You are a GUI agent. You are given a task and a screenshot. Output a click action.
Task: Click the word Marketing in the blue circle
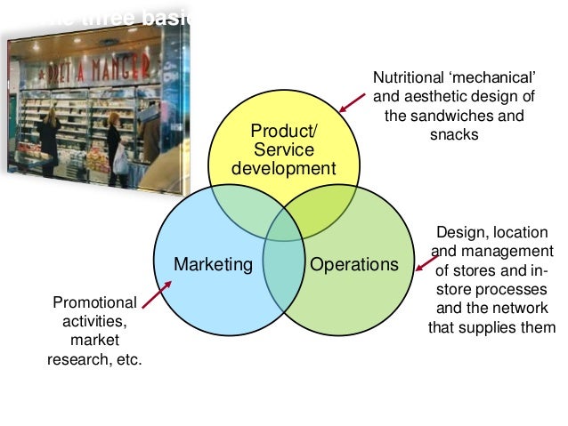[213, 264]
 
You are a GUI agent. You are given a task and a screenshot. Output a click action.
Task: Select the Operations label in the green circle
[353, 264]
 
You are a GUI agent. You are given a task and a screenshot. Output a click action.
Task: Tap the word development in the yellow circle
[284, 168]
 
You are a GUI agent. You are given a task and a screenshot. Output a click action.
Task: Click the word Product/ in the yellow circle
[284, 133]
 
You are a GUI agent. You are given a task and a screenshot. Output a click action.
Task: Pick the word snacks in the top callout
[454, 134]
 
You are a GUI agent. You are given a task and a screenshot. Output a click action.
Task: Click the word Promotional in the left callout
[94, 302]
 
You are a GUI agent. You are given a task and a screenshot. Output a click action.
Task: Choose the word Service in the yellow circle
[284, 150]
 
